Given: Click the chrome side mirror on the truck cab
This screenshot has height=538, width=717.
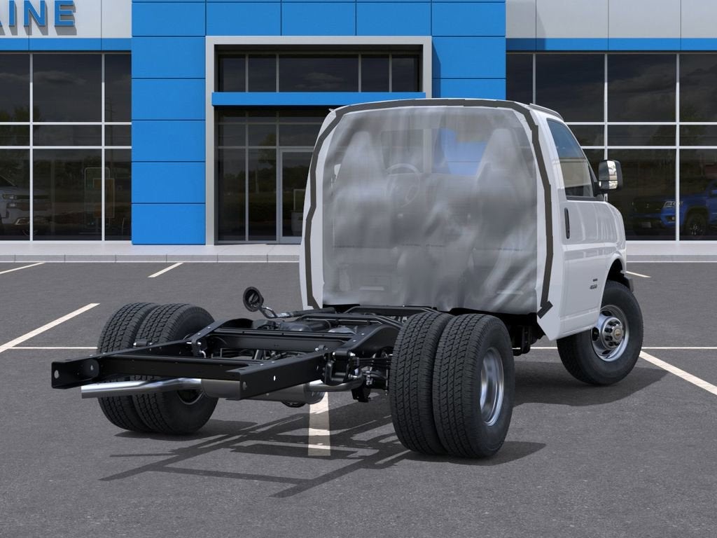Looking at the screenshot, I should coord(609,175).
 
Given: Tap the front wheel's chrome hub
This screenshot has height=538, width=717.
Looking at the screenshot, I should coord(609,333).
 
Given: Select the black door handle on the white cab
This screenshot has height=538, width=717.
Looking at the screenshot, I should coord(566,223).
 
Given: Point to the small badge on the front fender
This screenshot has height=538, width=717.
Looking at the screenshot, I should coord(593,286).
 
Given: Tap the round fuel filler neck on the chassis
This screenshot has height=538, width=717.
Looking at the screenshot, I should coord(253,299).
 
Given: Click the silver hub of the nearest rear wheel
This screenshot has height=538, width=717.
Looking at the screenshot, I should coord(491,386).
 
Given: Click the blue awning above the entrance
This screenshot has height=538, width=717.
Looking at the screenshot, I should coord(319,99).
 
